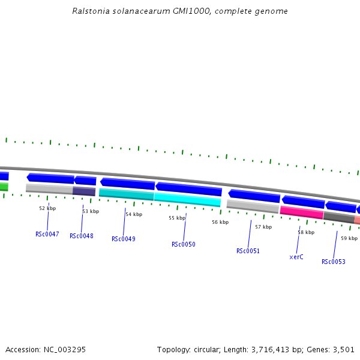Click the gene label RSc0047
pyautogui.click(x=47, y=234)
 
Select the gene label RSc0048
pyautogui.click(x=82, y=236)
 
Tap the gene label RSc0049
pyautogui.click(x=124, y=239)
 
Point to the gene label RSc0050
pyautogui.click(x=184, y=244)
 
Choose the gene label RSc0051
pyautogui.click(x=248, y=251)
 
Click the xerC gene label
pyautogui.click(x=296, y=257)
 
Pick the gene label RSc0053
pyautogui.click(x=334, y=262)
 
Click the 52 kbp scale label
pyautogui.click(x=47, y=208)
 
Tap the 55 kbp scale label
pyautogui.click(x=177, y=218)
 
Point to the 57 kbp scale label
pyautogui.click(x=263, y=227)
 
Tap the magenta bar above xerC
pyautogui.click(x=302, y=212)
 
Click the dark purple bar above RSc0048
pyautogui.click(x=84, y=191)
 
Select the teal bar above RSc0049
pyautogui.click(x=126, y=194)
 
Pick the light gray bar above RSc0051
pyautogui.click(x=253, y=206)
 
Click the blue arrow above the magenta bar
pyautogui.click(x=303, y=202)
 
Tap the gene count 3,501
pyautogui.click(x=344, y=349)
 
